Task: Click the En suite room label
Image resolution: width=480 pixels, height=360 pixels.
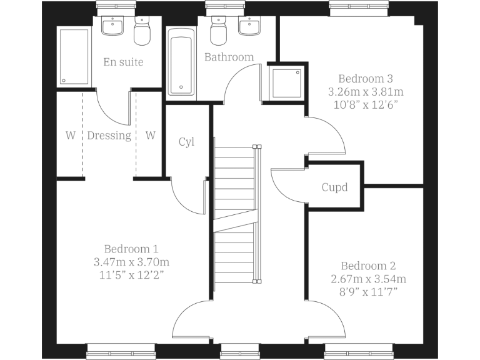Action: [123, 62]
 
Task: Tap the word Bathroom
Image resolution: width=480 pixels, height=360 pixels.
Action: [229, 57]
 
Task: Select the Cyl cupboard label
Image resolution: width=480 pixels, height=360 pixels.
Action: [186, 142]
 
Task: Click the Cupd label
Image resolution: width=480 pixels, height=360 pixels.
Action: [334, 187]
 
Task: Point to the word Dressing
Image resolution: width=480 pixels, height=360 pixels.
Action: [109, 136]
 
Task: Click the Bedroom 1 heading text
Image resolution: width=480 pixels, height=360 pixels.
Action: [127, 248]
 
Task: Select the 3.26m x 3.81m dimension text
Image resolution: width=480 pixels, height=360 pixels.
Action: [365, 91]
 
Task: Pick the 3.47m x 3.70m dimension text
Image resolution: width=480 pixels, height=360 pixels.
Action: [127, 261]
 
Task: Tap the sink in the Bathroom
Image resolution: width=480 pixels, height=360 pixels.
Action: [250, 27]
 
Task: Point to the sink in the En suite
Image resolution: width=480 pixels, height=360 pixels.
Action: [113, 27]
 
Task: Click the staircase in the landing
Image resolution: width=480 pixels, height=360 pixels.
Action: [235, 212]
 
